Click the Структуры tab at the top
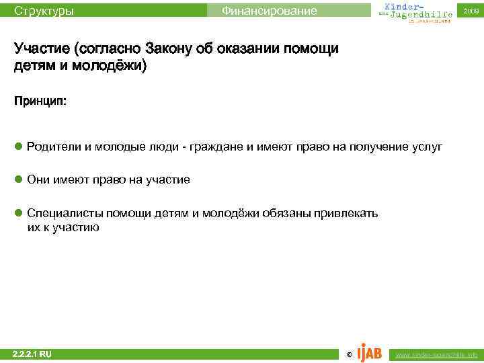44,11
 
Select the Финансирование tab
269,11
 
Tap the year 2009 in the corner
471,11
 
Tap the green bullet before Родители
19,146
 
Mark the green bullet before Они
19,179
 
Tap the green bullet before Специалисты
19,213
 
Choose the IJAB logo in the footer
369,352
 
